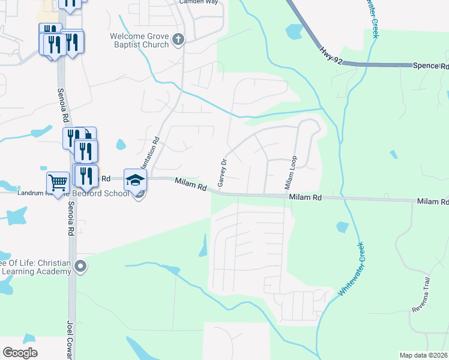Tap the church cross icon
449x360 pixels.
coord(178,40)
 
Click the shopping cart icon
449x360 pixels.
coord(58,181)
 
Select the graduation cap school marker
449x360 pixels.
coord(135,179)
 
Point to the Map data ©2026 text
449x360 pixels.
coord(423,355)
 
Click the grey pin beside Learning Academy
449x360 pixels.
coord(82,266)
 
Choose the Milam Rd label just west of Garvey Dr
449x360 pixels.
coord(191,184)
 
